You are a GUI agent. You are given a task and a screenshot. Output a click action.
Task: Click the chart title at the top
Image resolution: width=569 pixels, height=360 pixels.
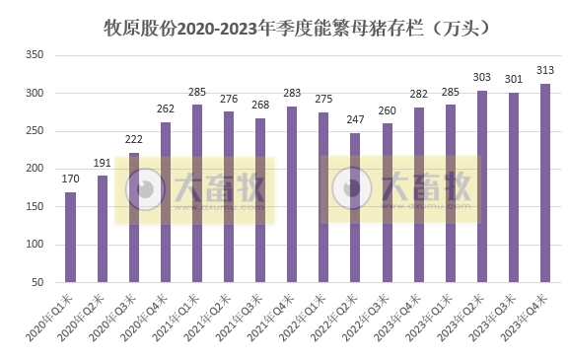point(297,29)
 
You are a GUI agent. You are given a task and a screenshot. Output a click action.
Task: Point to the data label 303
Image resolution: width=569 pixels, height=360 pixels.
point(482,80)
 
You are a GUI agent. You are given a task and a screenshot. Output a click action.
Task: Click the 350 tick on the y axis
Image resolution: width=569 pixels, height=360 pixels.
point(34,55)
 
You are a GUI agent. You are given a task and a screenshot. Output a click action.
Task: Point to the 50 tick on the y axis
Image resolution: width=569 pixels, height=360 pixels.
point(37,282)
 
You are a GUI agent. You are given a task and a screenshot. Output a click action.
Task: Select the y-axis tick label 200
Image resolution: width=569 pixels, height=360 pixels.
point(34,169)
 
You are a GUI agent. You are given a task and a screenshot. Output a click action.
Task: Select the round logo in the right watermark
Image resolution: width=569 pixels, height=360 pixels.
point(353,187)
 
